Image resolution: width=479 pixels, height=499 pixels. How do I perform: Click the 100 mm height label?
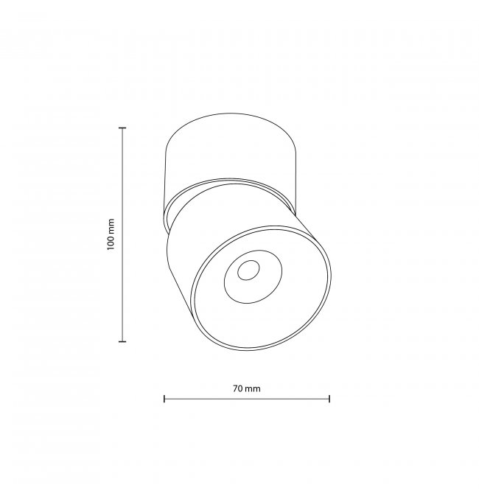(x=111, y=234)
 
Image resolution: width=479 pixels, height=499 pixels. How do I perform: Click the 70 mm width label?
(x=247, y=388)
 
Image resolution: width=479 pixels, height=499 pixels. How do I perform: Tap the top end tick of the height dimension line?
(x=122, y=128)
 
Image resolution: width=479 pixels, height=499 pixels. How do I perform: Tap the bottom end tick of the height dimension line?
(x=122, y=341)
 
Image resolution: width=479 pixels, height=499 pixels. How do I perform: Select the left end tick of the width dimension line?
(x=164, y=399)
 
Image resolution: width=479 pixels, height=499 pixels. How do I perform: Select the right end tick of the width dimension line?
(x=329, y=399)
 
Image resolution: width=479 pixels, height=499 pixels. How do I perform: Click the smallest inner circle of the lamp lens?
(x=248, y=271)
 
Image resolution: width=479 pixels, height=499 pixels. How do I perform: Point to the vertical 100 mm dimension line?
(x=122, y=234)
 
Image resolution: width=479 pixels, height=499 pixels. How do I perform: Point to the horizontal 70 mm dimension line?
(x=247, y=399)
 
